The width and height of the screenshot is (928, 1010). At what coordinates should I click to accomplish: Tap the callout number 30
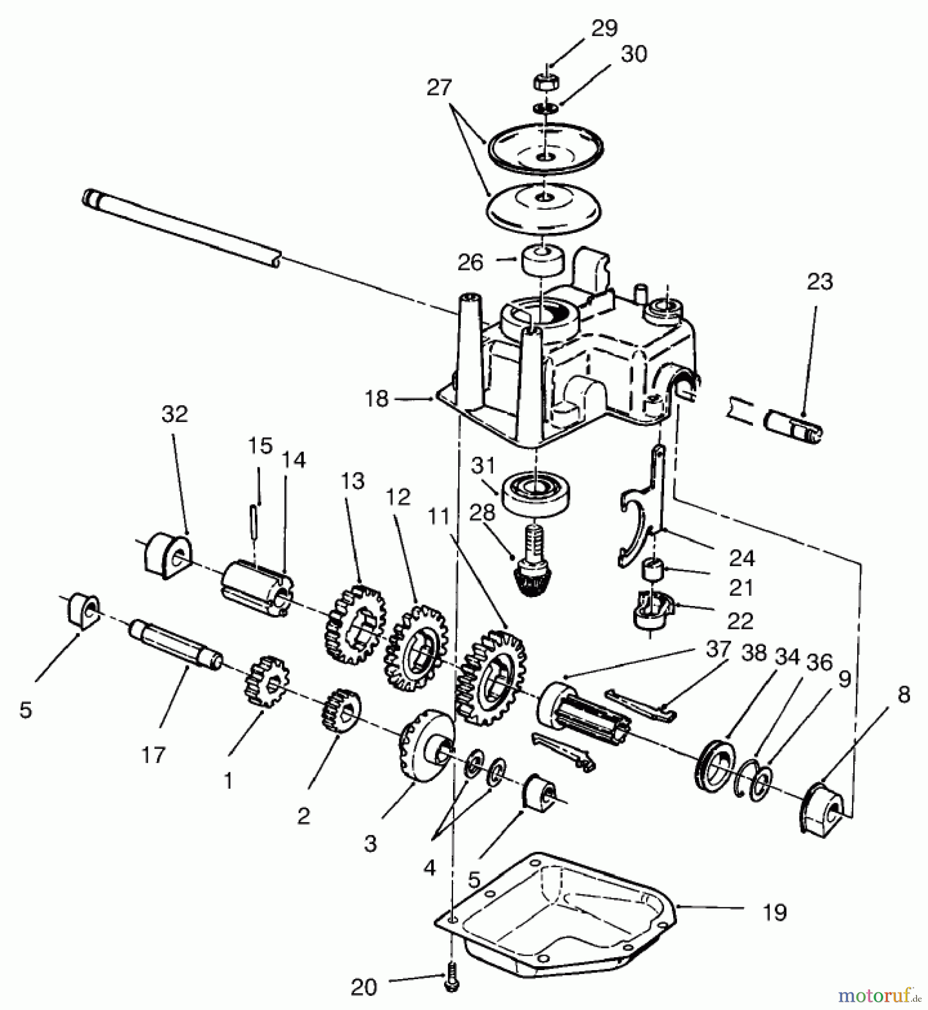(634, 54)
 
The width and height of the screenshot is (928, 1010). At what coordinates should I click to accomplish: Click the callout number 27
(439, 88)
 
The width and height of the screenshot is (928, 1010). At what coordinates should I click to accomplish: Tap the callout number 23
(819, 282)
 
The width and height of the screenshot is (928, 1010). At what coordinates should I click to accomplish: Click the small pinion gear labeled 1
(267, 682)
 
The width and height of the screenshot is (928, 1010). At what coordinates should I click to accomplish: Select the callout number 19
(775, 912)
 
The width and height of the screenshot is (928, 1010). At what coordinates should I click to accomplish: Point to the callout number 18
(377, 399)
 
